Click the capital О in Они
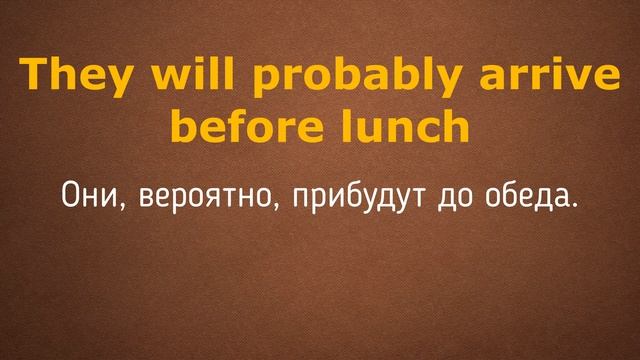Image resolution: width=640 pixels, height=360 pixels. (69, 194)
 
